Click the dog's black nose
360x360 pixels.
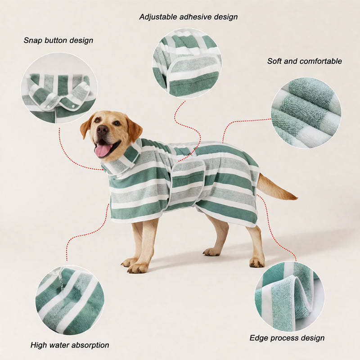(102, 130)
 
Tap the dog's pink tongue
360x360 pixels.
(103, 150)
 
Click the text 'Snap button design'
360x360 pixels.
(58, 40)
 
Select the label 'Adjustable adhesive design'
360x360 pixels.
(189, 17)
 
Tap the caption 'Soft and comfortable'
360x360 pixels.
(305, 61)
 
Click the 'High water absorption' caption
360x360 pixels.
(70, 345)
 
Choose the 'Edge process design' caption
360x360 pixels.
(287, 338)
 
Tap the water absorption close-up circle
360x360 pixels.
(70, 299)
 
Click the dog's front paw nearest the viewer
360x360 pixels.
(138, 268)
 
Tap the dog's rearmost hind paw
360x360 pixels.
(257, 262)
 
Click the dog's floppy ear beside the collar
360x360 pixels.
(134, 129)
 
